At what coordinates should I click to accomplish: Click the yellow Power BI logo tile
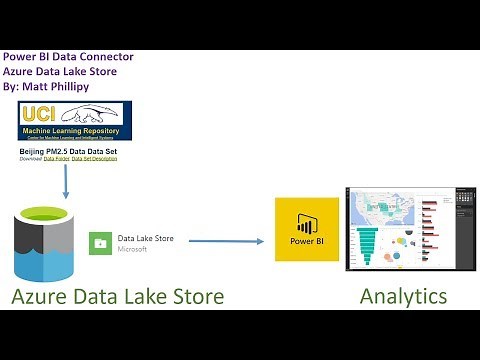[x=306, y=229]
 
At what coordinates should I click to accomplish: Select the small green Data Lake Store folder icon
[x=102, y=243]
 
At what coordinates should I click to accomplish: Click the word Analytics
[x=403, y=296]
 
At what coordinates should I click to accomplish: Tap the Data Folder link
[x=56, y=159]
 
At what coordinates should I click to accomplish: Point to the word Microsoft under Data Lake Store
[x=133, y=249]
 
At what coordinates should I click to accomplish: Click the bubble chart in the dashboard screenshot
[x=401, y=243]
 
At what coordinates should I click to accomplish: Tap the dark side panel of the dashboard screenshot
[x=459, y=228]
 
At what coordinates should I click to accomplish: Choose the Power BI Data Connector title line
[x=68, y=57]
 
